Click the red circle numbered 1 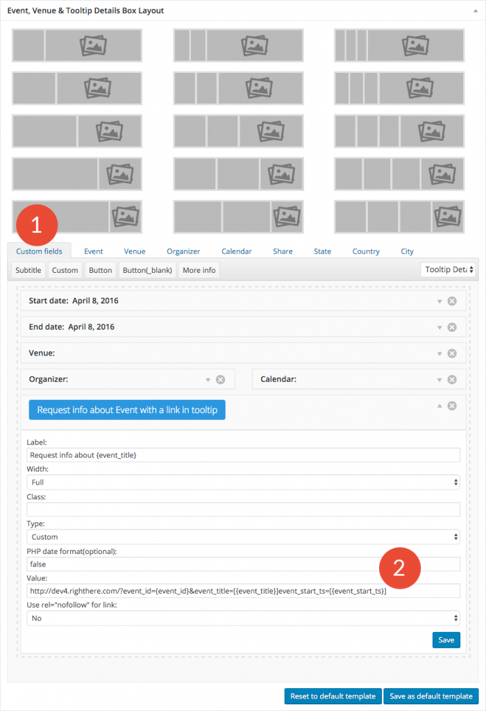pyautogui.click(x=37, y=224)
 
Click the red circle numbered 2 pyautogui.click(x=399, y=569)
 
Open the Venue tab pyautogui.click(x=135, y=251)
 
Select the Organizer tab pyautogui.click(x=183, y=251)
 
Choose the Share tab pyautogui.click(x=283, y=251)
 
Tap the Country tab pyautogui.click(x=366, y=251)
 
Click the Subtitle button pyautogui.click(x=28, y=270)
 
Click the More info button pyautogui.click(x=199, y=270)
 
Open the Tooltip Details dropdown pyautogui.click(x=449, y=269)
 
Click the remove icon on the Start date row pyautogui.click(x=452, y=301)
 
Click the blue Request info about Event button pyautogui.click(x=127, y=410)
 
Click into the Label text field pyautogui.click(x=243, y=455)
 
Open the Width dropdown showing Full pyautogui.click(x=243, y=482)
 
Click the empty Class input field pyautogui.click(x=243, y=510)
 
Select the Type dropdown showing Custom pyautogui.click(x=243, y=537)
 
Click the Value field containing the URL pyautogui.click(x=243, y=591)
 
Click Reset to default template pyautogui.click(x=332, y=696)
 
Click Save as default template pyautogui.click(x=430, y=696)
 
